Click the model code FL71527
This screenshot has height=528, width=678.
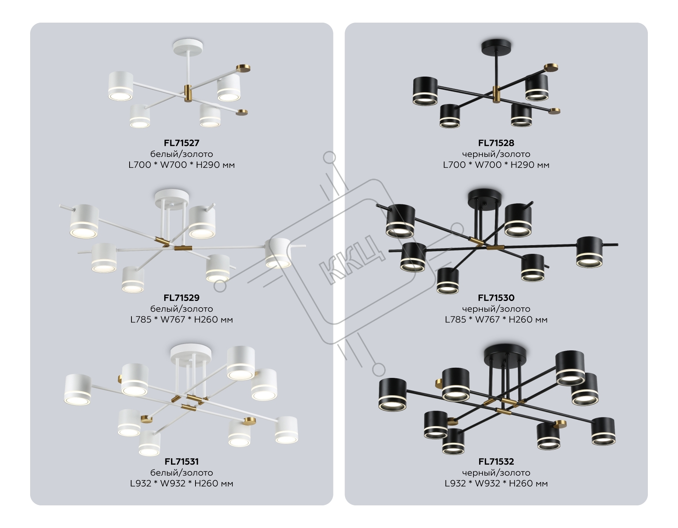pyautogui.click(x=182, y=143)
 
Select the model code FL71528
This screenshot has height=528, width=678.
pyautogui.click(x=496, y=143)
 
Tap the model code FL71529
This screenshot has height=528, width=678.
pyautogui.click(x=182, y=298)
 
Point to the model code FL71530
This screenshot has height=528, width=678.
pyautogui.click(x=496, y=298)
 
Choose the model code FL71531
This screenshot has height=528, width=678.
pyautogui.click(x=182, y=462)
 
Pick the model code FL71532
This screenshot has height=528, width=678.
pyautogui.click(x=496, y=462)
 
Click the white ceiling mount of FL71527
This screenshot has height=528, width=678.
pyautogui.click(x=188, y=46)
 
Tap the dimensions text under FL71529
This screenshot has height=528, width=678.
pyautogui.click(x=182, y=320)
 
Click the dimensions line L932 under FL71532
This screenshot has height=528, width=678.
pyautogui.click(x=496, y=483)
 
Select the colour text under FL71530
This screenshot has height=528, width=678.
pyautogui.click(x=496, y=309)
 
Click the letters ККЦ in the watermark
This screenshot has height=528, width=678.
pyautogui.click(x=352, y=259)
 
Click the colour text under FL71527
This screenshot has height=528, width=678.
pyautogui.click(x=182, y=154)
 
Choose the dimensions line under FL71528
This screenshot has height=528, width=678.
pyautogui.click(x=496, y=165)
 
